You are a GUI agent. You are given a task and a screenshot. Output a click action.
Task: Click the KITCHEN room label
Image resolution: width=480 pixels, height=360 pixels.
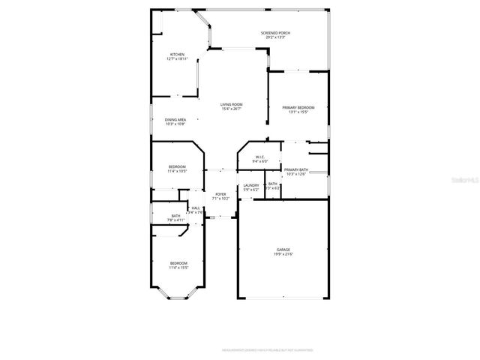177,54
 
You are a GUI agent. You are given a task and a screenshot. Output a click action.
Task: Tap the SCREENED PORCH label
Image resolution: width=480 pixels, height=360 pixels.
275,33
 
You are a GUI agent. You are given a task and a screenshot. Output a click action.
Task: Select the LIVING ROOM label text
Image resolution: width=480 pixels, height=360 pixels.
231,104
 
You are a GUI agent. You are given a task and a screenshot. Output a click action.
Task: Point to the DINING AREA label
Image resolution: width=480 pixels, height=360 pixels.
175,119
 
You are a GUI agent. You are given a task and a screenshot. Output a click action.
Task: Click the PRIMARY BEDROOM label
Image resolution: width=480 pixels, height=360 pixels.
298,108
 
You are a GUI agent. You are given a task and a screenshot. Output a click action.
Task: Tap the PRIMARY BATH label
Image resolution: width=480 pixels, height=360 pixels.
296,170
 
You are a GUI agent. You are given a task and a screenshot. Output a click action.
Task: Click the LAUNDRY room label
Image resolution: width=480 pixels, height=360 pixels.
251,185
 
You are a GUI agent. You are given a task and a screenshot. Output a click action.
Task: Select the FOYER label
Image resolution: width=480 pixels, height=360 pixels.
220,194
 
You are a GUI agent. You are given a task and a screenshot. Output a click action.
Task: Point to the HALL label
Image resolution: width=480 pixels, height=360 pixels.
196,208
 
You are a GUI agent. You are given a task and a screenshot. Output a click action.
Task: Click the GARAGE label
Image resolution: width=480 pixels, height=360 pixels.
283,250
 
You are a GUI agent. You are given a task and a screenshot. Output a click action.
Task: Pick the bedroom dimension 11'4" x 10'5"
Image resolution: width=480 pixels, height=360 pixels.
177,171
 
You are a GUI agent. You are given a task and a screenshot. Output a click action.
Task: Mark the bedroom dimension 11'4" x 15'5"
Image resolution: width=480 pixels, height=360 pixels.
178,267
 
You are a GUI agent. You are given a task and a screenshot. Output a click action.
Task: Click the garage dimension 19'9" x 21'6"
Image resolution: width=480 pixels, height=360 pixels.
283,254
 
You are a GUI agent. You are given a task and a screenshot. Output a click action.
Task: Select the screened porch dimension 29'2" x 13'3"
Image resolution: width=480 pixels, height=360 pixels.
275,37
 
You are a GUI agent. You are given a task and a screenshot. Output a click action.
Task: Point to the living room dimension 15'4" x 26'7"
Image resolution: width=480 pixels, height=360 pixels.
231,109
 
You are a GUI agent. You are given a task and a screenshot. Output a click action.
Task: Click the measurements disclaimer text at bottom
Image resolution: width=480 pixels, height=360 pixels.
268,349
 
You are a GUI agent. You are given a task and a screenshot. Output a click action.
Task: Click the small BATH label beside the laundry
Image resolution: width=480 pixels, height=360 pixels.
273,184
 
